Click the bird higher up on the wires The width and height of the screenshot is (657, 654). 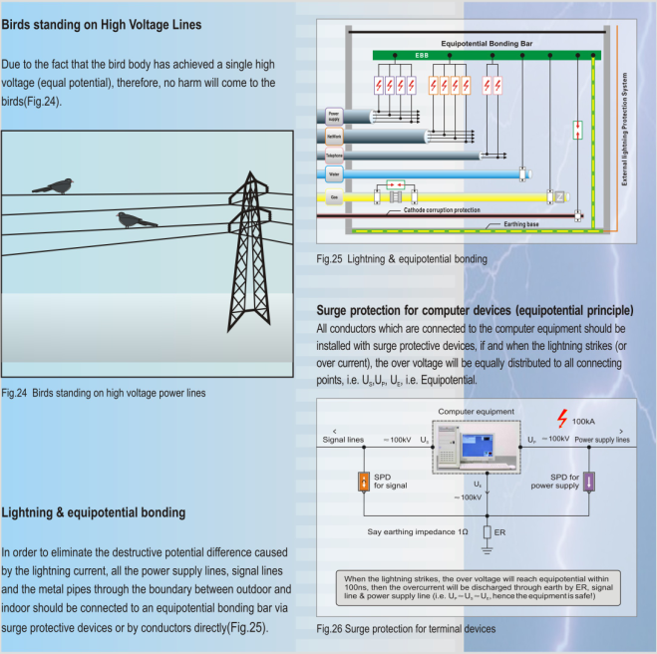[x=53, y=184]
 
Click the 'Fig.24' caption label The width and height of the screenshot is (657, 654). [x=16, y=393]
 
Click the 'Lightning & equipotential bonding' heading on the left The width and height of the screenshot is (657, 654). [x=94, y=512]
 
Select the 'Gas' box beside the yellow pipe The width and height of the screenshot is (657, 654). [x=333, y=197]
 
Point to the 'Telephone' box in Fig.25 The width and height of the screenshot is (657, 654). [x=334, y=155]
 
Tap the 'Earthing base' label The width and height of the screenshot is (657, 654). [x=519, y=225]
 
